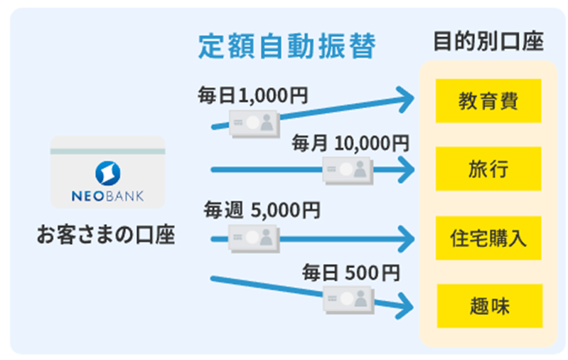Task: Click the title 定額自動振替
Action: (287, 46)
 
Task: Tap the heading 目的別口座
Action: (488, 41)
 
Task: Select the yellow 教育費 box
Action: (488, 101)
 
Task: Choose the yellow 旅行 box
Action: (488, 169)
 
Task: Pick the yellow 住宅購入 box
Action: (488, 238)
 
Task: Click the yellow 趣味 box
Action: (490, 306)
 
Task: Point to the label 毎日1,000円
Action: (253, 96)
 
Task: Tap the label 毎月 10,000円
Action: (350, 143)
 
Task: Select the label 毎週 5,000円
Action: (262, 210)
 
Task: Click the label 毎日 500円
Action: (351, 272)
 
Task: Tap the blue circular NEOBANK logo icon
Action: (108, 174)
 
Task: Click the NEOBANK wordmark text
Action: (107, 196)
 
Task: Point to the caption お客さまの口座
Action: (106, 235)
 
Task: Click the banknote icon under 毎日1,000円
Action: (254, 124)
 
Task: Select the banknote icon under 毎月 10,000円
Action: (348, 171)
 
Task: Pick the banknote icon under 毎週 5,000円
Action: (254, 238)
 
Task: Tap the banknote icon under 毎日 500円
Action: (348, 300)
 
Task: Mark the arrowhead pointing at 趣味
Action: (404, 307)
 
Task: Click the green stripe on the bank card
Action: (107, 152)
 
